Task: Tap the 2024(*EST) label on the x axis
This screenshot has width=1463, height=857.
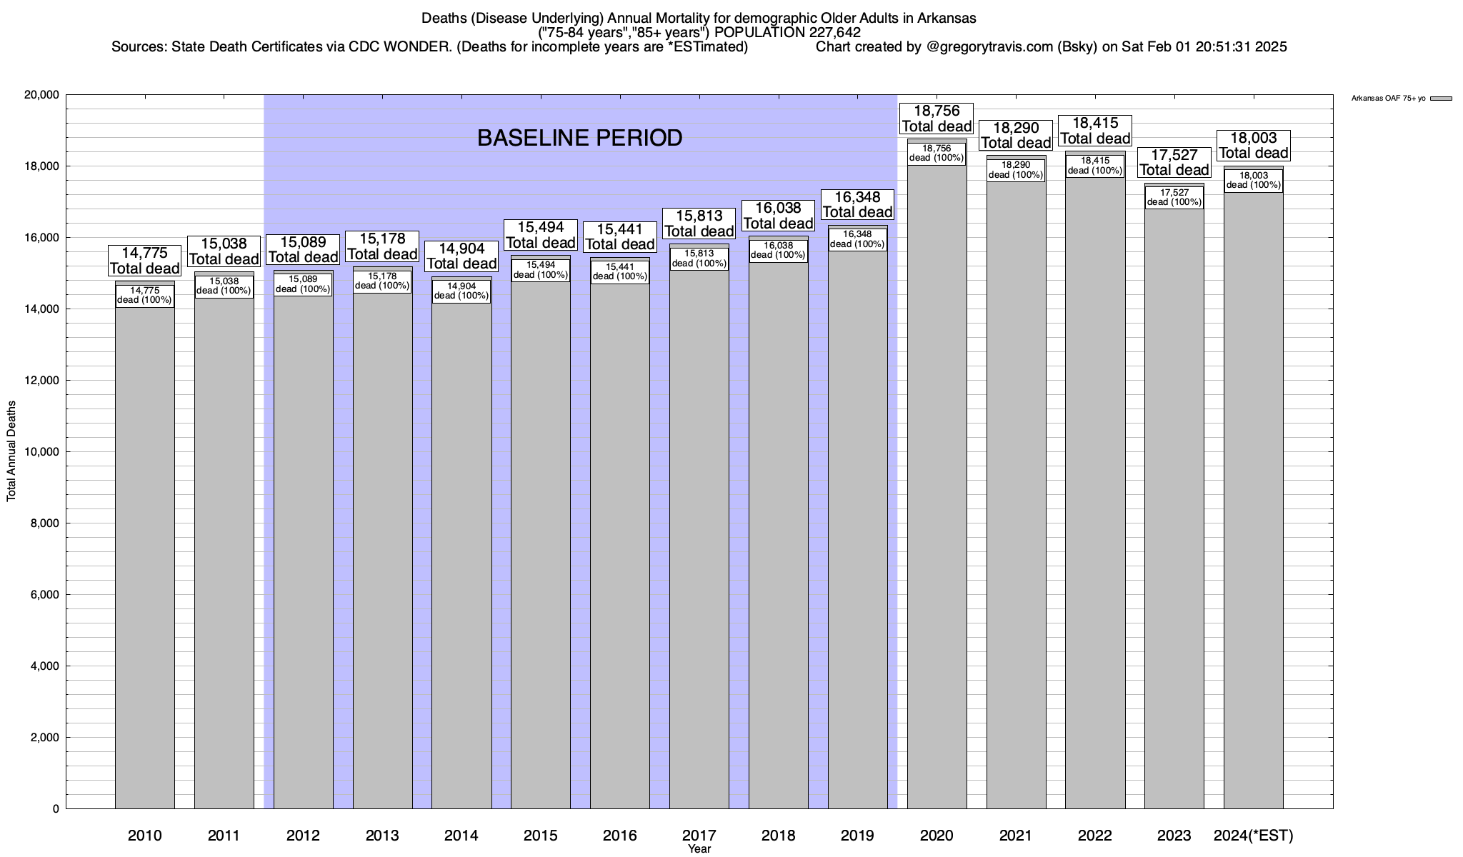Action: coord(1254,835)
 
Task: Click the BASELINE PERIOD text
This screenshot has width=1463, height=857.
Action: coord(579,138)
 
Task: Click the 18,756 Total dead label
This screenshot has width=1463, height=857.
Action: coord(937,119)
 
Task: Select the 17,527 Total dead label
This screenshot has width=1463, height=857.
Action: coord(1174,162)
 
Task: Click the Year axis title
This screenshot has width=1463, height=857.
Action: coord(699,848)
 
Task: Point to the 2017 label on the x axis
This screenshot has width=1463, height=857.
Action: coord(699,835)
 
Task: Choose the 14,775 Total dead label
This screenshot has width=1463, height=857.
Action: coord(145,261)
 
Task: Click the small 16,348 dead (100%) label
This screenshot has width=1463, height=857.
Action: coord(857,239)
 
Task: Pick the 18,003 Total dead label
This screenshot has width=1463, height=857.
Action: coord(1254,146)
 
